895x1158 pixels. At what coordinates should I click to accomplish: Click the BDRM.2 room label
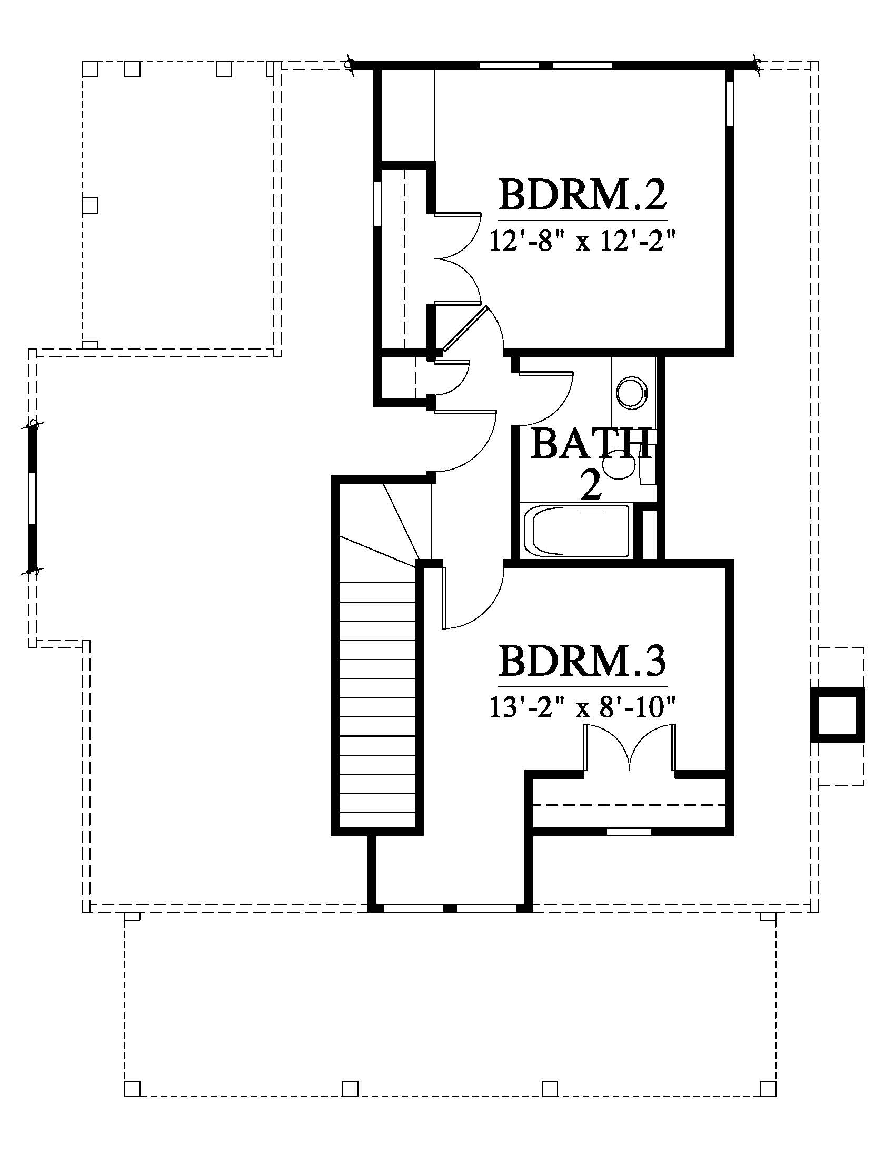click(x=582, y=195)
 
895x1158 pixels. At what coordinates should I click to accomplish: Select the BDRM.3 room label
click(x=582, y=661)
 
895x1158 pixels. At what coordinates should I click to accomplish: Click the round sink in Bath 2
click(x=631, y=392)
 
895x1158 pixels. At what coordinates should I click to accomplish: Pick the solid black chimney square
click(x=837, y=714)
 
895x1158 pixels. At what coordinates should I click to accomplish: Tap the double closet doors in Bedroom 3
click(x=629, y=747)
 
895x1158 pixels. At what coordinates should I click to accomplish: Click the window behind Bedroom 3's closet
click(x=629, y=832)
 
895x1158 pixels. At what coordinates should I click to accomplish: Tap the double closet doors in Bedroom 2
click(x=458, y=259)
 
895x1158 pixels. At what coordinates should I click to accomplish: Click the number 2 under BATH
click(x=591, y=486)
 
